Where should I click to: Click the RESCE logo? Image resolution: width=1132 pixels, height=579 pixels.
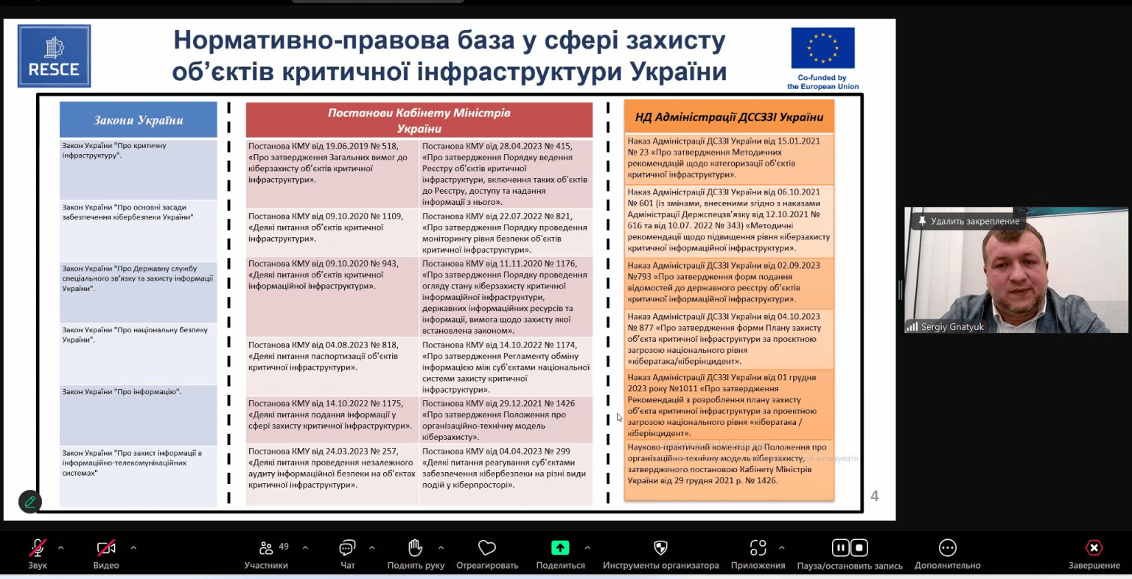[54, 56]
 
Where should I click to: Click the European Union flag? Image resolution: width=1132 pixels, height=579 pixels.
[822, 48]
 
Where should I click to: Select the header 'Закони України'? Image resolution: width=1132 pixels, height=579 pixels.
[139, 120]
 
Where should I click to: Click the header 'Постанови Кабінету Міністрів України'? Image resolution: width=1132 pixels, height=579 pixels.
[419, 120]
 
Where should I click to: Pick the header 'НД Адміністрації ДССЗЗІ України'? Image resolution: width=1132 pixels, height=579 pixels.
[729, 117]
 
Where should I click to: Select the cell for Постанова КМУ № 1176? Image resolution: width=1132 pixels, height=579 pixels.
[506, 296]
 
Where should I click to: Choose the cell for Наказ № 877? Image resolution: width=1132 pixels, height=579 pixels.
[729, 339]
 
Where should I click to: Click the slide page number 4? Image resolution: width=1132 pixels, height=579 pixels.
[875, 496]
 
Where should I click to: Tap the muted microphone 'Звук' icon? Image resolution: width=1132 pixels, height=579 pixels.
[38, 548]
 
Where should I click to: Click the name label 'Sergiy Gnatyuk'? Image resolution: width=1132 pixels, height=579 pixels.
[952, 327]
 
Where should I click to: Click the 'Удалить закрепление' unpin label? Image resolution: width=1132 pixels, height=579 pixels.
[974, 221]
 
